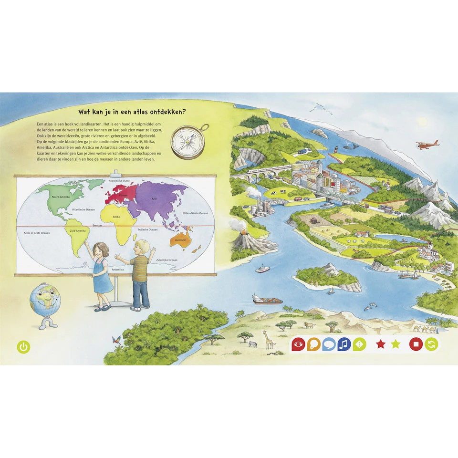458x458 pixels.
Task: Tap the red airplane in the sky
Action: pos(427,144)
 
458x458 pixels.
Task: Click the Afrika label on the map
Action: pos(116,217)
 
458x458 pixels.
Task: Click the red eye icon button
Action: pos(298,344)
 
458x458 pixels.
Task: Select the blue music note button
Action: pos(344,344)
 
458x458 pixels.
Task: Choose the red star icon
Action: pos(380,344)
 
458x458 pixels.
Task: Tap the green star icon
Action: pos(396,344)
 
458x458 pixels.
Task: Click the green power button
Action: pos(23,347)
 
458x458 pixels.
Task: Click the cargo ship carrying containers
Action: pos(267,299)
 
